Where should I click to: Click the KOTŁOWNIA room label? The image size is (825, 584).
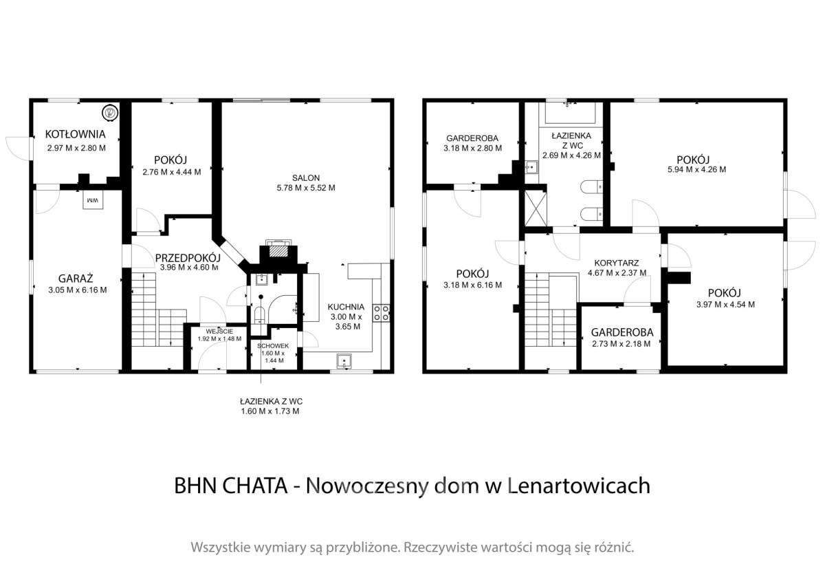click(76, 134)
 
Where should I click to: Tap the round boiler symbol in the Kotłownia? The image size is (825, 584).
click(109, 112)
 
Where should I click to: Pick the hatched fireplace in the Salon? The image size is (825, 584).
click(278, 251)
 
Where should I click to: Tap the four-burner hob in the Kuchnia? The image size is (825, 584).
click(380, 313)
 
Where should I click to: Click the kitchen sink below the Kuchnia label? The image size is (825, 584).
click(344, 360)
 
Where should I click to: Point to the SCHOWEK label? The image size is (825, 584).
click(274, 346)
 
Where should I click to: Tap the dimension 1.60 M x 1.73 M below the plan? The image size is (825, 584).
click(270, 411)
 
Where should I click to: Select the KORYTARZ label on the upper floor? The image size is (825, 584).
click(617, 262)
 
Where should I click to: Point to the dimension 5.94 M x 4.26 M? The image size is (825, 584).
click(697, 169)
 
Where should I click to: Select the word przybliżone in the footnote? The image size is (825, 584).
click(363, 548)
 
